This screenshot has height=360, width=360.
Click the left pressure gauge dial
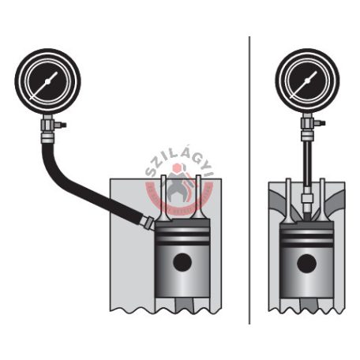coord(47,81)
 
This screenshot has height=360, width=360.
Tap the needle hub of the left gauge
coord(47,81)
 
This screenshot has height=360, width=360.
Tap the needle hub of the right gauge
coord(307,81)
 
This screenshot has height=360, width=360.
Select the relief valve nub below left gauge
coord(62,125)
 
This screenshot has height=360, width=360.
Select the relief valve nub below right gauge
coord(321,122)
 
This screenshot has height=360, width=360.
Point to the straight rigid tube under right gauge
coord(306,163)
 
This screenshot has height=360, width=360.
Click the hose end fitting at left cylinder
coord(147,223)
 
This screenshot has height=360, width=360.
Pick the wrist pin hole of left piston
coord(182,262)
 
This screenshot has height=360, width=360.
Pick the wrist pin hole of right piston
coord(306,263)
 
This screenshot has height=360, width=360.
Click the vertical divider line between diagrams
coord(249,180)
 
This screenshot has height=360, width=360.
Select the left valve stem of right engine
coord(289,200)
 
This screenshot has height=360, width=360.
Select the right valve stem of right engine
coord(323,200)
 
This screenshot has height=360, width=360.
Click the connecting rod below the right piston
coord(309,306)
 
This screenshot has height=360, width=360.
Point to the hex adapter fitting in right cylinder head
coord(306,198)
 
